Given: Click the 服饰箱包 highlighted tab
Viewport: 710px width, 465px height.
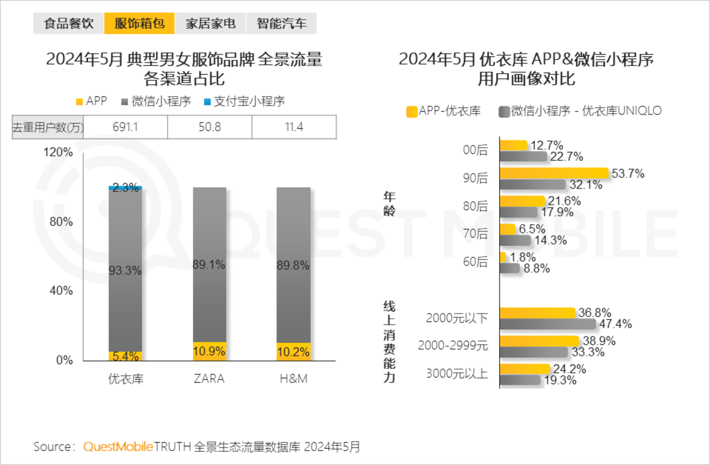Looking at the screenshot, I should coord(139,23).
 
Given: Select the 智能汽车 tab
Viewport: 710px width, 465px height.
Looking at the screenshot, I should coord(281,23).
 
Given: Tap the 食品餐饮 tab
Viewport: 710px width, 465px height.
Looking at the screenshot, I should coord(69,23).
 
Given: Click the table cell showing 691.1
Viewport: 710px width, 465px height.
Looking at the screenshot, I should coord(125,127).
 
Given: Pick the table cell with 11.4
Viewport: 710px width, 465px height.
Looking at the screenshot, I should coord(294,127).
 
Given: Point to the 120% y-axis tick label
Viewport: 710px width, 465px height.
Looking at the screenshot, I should coord(58,152).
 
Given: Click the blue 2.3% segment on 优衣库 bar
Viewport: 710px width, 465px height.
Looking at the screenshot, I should coord(125,188).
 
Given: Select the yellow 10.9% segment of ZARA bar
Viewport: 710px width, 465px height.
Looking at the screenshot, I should coord(210,351).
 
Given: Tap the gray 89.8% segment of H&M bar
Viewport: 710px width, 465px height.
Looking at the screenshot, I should coord(293,265).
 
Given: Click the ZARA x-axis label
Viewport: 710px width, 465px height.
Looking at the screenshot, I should coord(209,379).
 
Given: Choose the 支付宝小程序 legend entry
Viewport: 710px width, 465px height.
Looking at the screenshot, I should coord(245,102).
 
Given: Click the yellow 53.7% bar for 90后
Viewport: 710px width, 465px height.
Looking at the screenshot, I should coord(554,173).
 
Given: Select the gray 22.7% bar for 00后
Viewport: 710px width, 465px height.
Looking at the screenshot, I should coord(523,156).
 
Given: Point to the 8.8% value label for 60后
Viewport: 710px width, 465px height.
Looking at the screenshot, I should coord(536,269).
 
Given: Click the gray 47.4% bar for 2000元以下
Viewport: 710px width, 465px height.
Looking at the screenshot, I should coord(547,324).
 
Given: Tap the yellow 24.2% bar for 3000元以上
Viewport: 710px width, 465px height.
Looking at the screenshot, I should coord(525,369).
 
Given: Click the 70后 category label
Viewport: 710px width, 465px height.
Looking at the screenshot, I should coord(475,233).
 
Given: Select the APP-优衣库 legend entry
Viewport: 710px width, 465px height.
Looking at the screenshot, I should coord(443,111).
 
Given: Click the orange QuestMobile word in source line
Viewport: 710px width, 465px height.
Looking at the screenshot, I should coord(118,447).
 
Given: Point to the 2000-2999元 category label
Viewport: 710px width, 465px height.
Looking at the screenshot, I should coord(453,346).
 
